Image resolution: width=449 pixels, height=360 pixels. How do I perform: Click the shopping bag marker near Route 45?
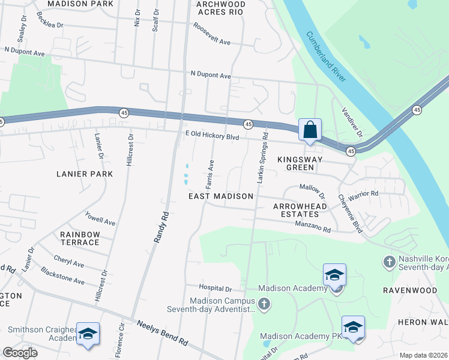point(310,130)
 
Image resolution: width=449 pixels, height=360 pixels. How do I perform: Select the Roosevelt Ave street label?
point(212,34)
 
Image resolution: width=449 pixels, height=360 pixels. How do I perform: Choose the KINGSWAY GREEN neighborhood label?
point(300,163)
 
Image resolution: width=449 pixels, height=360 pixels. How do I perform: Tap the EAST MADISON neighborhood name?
point(220,196)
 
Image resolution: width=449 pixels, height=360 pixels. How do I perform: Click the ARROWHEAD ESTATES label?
point(300,210)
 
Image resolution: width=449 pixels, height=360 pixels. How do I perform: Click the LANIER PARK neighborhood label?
point(85,174)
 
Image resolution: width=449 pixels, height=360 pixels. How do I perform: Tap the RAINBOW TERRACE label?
point(79,238)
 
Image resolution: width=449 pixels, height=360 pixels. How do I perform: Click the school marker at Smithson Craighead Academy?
point(88,334)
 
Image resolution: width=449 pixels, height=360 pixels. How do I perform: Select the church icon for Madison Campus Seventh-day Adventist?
point(264,305)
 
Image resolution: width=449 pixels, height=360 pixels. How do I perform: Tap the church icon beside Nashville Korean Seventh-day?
point(388,262)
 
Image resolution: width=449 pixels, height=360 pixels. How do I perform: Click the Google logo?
point(20,353)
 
